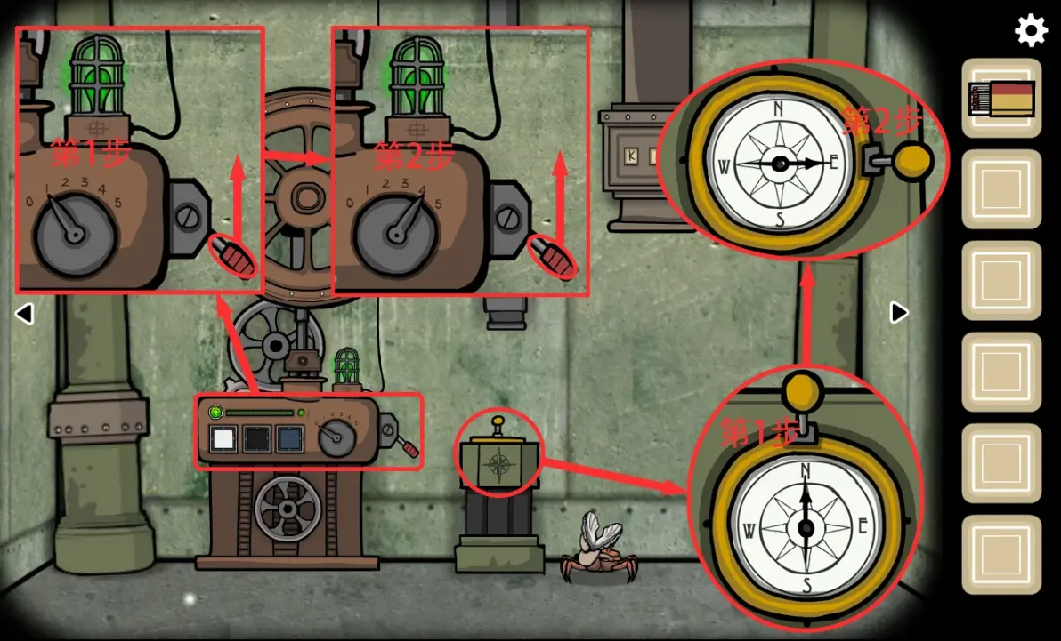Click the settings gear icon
click(x=1031, y=31)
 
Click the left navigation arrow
click(x=24, y=313)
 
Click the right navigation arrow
click(x=899, y=312)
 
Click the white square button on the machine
click(x=222, y=438)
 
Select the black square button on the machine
click(x=255, y=438)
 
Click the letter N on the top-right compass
click(x=779, y=109)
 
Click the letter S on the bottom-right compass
click(x=807, y=584)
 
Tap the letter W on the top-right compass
click(x=724, y=165)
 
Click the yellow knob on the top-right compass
click(x=913, y=160)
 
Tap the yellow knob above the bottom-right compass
click(x=802, y=389)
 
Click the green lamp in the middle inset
click(x=417, y=75)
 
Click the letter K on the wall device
click(x=632, y=156)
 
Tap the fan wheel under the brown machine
click(x=287, y=508)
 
